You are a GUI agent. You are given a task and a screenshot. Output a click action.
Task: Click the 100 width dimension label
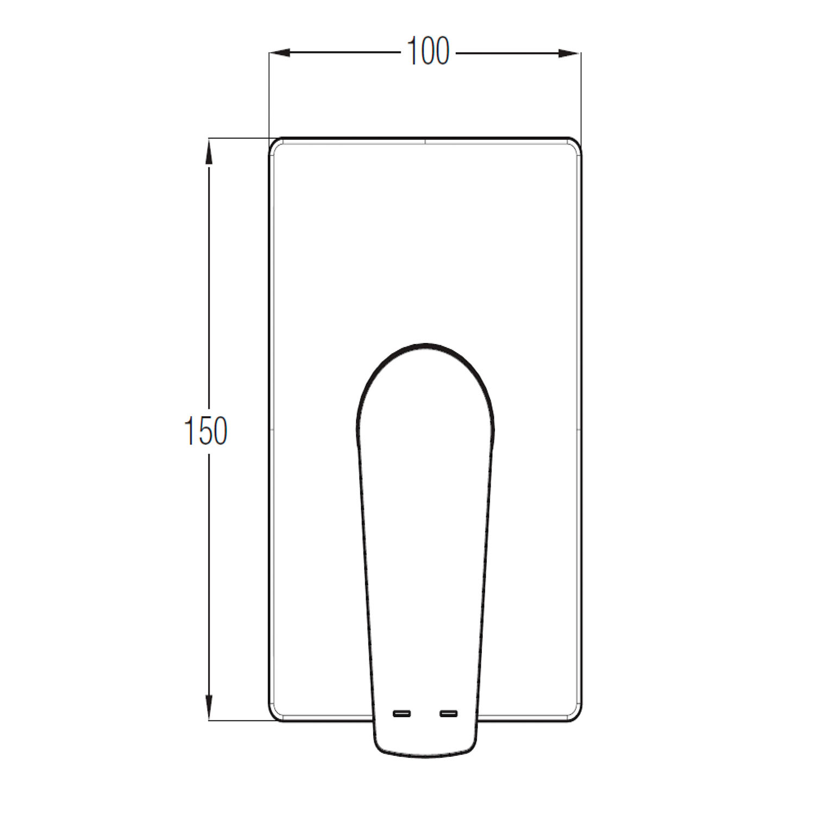pyautogui.click(x=428, y=52)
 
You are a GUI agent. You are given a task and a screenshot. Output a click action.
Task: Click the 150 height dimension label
pyautogui.click(x=206, y=431)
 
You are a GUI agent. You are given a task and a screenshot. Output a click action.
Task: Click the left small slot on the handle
pyautogui.click(x=402, y=713)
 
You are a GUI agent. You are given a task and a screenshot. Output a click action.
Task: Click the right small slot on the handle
pyautogui.click(x=449, y=713)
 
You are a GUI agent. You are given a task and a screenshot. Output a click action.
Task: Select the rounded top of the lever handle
pyautogui.click(x=426, y=344)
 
